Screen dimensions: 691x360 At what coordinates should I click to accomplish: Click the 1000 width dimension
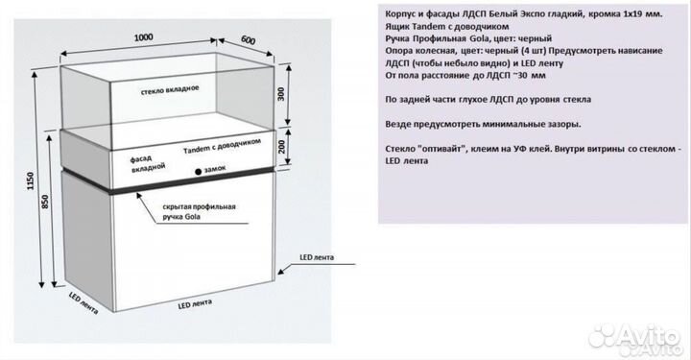point(144,37)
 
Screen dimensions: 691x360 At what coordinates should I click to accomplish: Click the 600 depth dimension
point(249,40)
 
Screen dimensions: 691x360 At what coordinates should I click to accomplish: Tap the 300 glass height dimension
point(281,94)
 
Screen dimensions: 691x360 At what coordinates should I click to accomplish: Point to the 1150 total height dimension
point(31,180)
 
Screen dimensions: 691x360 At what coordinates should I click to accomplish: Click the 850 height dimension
point(44,202)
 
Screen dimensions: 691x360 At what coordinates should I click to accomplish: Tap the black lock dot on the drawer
point(199,172)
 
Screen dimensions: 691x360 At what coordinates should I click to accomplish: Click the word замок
point(215,168)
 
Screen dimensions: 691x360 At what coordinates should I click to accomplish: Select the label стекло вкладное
point(170,90)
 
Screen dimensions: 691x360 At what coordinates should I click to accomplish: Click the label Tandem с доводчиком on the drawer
point(222,145)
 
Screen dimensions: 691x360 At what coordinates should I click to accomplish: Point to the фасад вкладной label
point(147,163)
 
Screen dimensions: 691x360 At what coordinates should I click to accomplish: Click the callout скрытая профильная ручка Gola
point(199,211)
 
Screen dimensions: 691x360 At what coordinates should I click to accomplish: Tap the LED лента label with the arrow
point(317,257)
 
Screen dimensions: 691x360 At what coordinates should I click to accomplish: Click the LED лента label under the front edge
point(195,304)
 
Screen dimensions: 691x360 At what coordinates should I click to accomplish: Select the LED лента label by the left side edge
point(83,303)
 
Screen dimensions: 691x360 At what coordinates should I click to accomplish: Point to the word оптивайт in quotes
point(441,149)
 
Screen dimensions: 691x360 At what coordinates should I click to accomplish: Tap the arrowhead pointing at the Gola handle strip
point(139,196)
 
